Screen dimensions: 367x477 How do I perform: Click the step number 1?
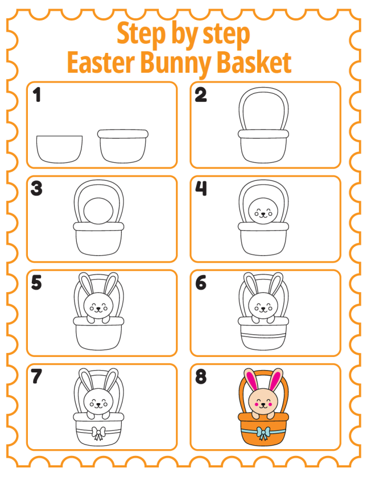point(37,94)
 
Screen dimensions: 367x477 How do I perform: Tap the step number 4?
point(201,188)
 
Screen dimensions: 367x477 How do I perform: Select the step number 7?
point(36,376)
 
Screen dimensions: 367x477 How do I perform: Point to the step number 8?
point(201,376)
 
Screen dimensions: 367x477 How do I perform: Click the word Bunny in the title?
point(175,63)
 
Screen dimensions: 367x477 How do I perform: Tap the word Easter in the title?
point(101,63)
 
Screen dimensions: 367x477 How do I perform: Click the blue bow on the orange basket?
point(263,433)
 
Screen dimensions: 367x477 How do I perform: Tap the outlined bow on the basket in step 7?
point(98,433)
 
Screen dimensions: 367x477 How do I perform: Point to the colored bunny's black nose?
point(263,404)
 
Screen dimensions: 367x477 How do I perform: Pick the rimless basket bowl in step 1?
point(59,149)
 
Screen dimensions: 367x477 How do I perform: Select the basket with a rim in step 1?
point(123,146)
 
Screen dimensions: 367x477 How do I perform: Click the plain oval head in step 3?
point(98,211)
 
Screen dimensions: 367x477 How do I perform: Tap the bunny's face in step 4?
point(263,211)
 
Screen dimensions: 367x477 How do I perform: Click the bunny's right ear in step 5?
point(111,284)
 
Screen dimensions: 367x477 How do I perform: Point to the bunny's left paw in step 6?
point(255,320)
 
